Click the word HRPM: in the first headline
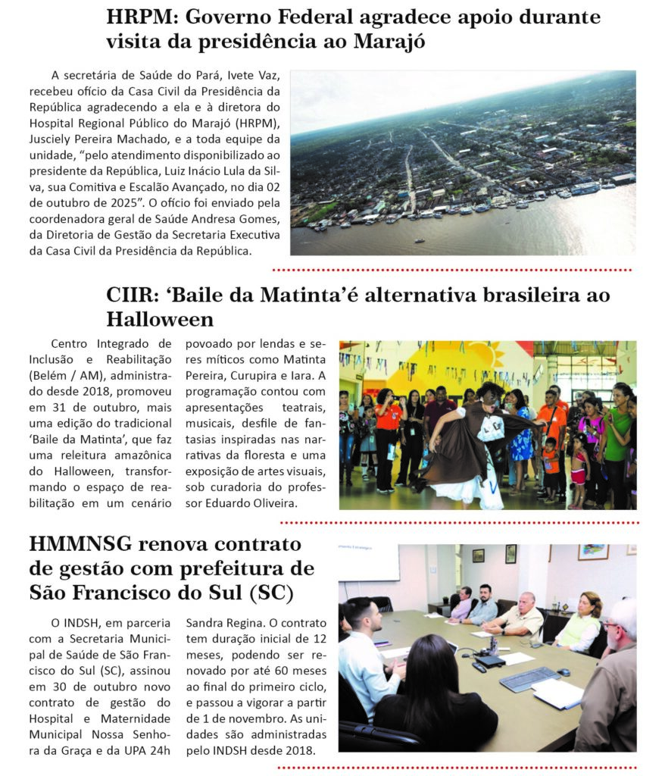coord(142,17)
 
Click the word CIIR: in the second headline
coord(134,295)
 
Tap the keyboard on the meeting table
coord(529,679)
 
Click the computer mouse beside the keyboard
coord(564,671)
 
